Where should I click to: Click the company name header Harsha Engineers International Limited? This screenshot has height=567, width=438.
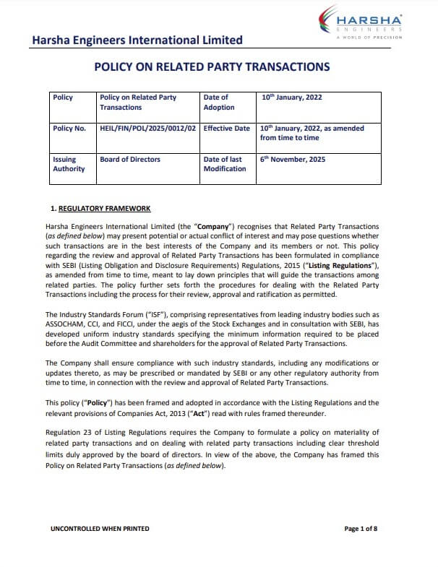tap(137, 40)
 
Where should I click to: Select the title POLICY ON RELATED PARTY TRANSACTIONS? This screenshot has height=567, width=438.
tap(212, 67)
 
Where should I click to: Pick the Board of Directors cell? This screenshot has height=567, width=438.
tap(130, 160)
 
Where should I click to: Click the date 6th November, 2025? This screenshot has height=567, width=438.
tap(293, 160)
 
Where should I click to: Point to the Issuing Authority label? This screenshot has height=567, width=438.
tap(69, 164)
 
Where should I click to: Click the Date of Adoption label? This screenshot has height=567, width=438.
tap(219, 102)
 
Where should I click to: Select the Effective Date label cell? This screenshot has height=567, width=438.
tap(226, 129)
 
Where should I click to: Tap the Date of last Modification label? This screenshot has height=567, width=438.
tap(225, 164)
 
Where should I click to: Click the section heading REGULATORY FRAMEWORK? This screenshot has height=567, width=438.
tap(104, 209)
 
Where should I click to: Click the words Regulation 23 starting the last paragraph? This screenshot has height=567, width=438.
tap(70, 432)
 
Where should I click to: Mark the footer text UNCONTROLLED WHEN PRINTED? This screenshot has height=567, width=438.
tap(100, 529)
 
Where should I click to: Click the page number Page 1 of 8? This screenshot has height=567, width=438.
tap(361, 529)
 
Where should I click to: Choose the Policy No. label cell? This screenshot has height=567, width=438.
tap(69, 129)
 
